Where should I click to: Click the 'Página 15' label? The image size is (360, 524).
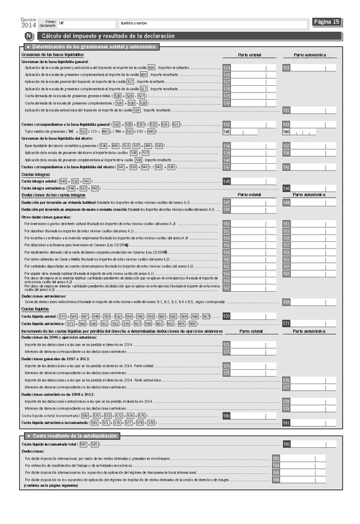tap(328, 22)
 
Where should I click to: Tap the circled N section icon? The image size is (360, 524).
tap(28, 37)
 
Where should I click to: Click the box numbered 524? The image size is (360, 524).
tap(226, 68)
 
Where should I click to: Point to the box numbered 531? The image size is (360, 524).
tap(287, 110)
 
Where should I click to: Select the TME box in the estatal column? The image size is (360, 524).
tap(227, 131)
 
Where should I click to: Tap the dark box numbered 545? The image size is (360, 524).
tap(226, 181)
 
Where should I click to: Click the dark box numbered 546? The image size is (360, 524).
tap(287, 188)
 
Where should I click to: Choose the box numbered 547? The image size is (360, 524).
tap(226, 203)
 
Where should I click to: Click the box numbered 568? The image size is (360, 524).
tap(287, 301)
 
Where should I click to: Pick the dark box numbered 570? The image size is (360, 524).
tap(226, 316)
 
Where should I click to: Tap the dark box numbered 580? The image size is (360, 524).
tap(226, 415)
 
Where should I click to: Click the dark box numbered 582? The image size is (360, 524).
tap(287, 444)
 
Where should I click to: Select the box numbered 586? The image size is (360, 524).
tap(276, 480)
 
